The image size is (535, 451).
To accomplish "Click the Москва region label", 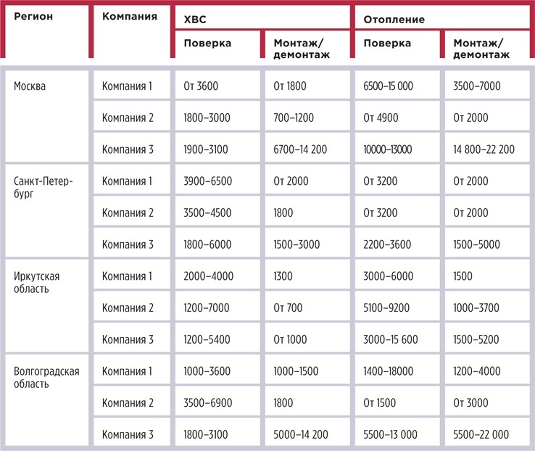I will click(x=30, y=86).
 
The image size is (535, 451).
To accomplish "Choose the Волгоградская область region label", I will click(x=46, y=378).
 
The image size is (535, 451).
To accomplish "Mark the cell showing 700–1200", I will click(x=295, y=118).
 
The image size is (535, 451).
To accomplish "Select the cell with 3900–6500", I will click(x=208, y=181).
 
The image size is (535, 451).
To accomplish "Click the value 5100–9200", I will click(x=387, y=307).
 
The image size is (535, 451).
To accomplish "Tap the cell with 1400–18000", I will click(x=389, y=371).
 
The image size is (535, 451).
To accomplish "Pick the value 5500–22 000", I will click(x=481, y=434).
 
